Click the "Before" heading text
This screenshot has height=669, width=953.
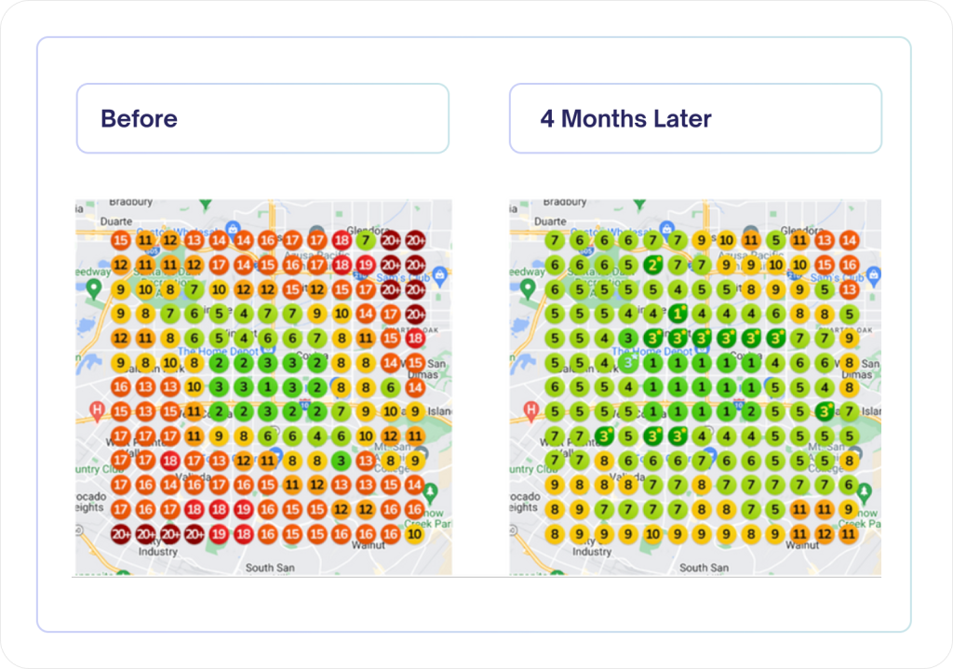(139, 119)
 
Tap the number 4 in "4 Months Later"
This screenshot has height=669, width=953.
(547, 119)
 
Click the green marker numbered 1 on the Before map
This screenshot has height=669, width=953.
(268, 386)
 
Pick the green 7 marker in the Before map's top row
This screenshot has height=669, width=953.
(367, 240)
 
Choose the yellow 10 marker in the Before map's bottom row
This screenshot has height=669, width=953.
(415, 534)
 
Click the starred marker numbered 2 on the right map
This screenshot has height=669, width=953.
(653, 265)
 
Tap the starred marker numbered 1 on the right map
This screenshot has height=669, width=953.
(678, 313)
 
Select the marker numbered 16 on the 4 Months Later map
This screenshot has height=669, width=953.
(848, 265)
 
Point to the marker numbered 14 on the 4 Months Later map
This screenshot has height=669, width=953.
(848, 240)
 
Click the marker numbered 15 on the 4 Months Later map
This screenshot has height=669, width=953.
(824, 265)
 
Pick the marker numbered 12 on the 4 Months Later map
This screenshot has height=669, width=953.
(824, 534)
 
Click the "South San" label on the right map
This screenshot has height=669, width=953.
(704, 568)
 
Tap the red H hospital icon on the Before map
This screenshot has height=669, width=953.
(96, 408)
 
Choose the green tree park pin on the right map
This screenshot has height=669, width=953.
(866, 491)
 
